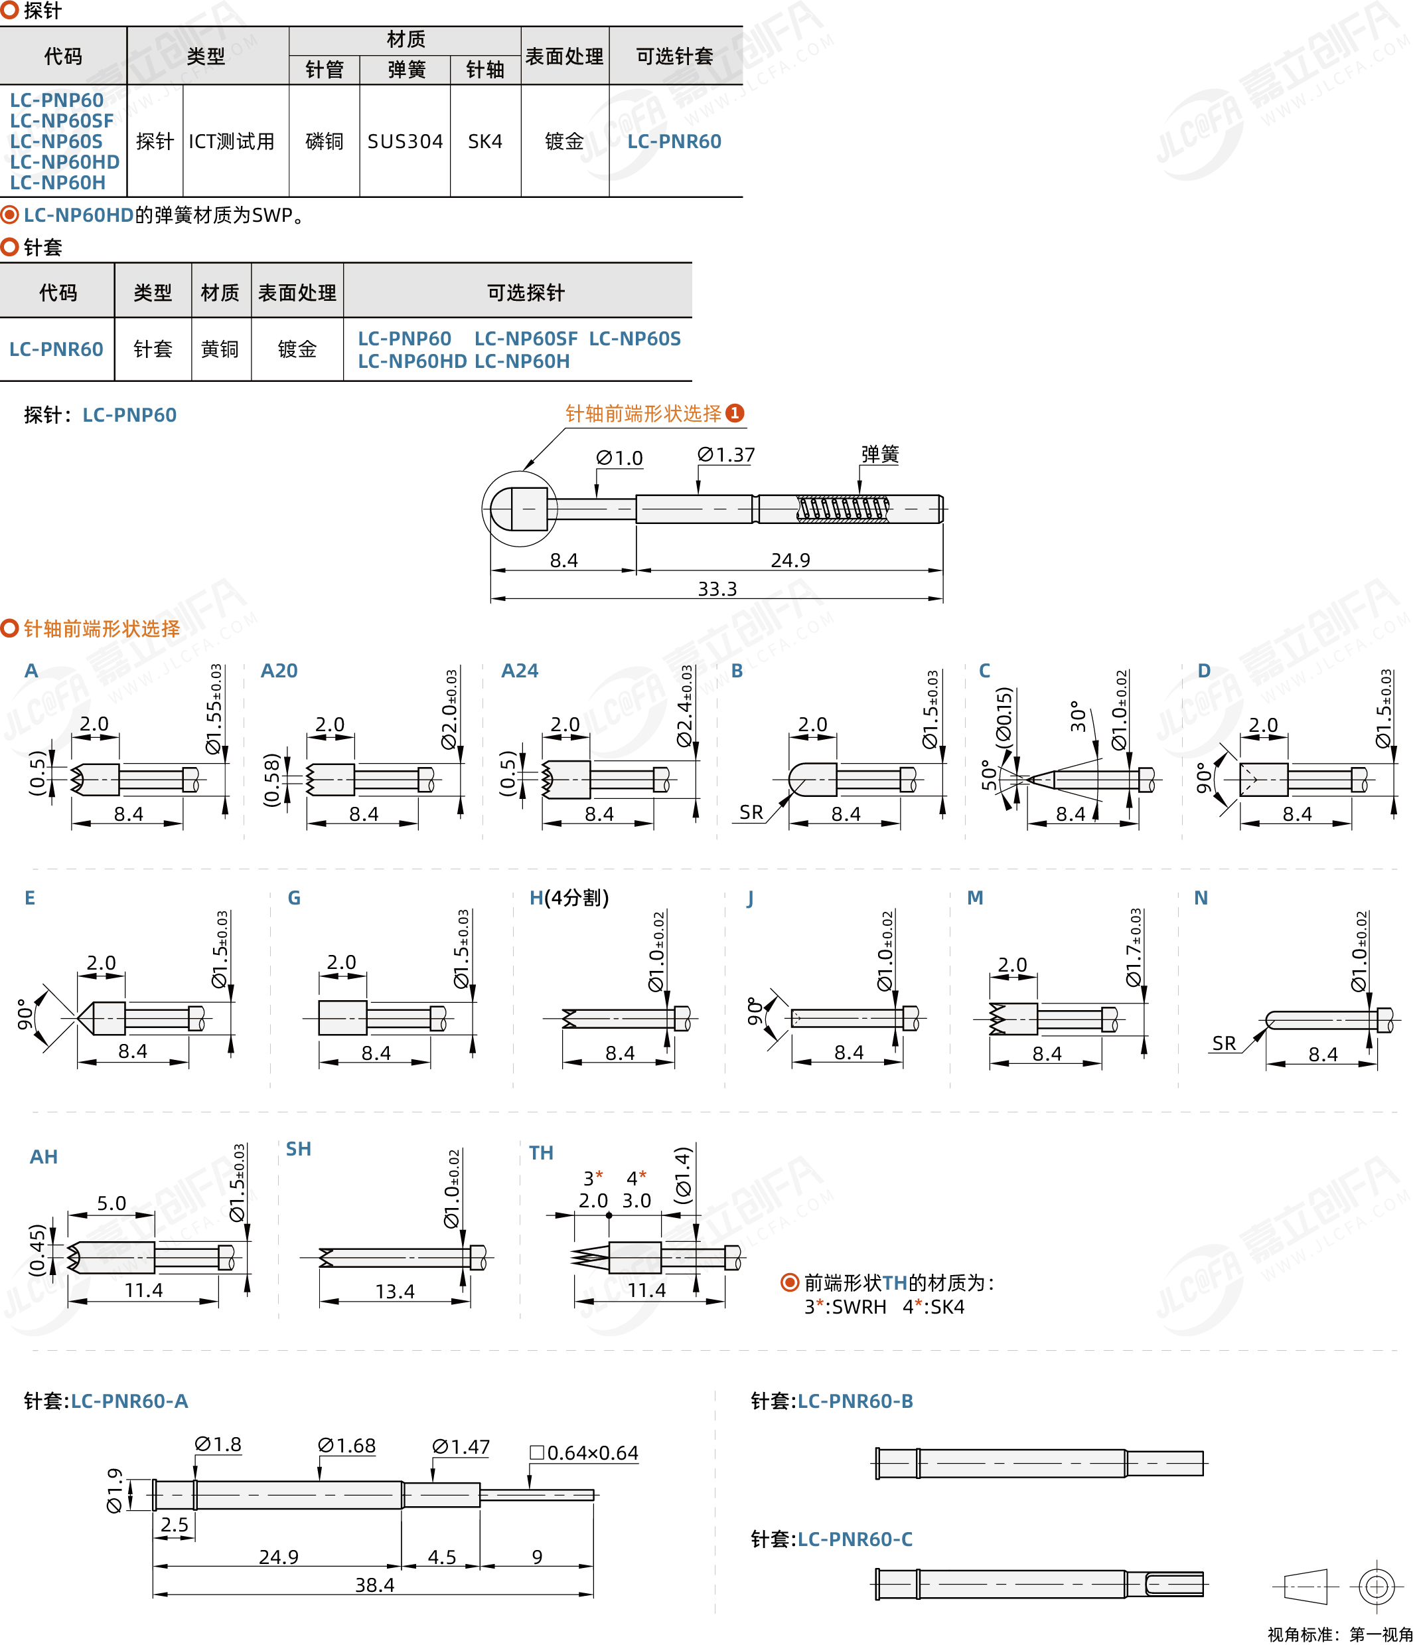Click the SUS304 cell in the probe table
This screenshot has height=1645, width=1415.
pyautogui.click(x=405, y=141)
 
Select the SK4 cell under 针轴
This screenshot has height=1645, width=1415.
pyautogui.click(x=485, y=141)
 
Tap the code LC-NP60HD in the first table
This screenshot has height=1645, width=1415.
pyautogui.click(x=65, y=162)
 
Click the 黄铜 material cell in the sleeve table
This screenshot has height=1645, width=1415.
pyautogui.click(x=220, y=349)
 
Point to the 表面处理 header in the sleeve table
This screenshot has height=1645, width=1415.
pyautogui.click(x=297, y=293)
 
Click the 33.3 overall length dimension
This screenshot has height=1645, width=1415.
pyautogui.click(x=717, y=589)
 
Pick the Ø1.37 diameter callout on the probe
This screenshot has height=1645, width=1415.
pyautogui.click(x=726, y=455)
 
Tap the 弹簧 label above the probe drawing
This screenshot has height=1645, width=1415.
pyautogui.click(x=880, y=454)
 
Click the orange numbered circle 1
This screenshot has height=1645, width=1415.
pyautogui.click(x=735, y=413)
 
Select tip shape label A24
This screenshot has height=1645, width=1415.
pyautogui.click(x=520, y=671)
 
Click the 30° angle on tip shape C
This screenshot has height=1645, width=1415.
pyautogui.click(x=1078, y=716)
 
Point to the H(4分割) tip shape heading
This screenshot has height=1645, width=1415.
pyautogui.click(x=569, y=898)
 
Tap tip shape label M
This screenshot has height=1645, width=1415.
pyautogui.click(x=976, y=898)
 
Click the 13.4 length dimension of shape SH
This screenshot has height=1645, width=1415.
pyautogui.click(x=395, y=1292)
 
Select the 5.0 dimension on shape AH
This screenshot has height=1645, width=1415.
pyautogui.click(x=112, y=1203)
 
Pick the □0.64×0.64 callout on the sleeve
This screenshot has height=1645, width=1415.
pyautogui.click(x=584, y=1453)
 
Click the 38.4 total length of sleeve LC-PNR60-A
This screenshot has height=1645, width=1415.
pyautogui.click(x=374, y=1585)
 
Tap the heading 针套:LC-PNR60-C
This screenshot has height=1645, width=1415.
pyautogui.click(x=832, y=1539)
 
